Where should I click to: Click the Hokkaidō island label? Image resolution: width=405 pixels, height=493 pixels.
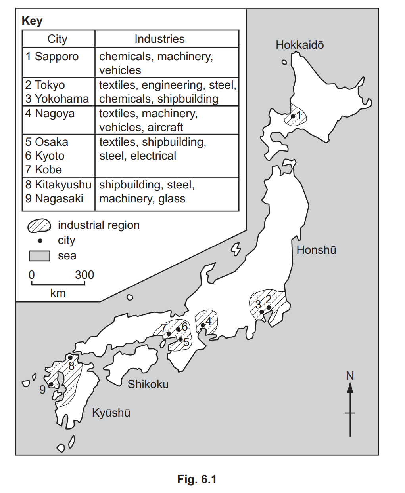299,45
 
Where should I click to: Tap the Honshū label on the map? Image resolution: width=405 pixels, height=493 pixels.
316,250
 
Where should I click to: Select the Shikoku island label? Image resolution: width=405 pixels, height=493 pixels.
148,384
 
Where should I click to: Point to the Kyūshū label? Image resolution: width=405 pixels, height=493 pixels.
111,413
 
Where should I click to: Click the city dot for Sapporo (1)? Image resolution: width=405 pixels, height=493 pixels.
293,116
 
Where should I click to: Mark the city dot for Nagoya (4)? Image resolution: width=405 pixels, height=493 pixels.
203,325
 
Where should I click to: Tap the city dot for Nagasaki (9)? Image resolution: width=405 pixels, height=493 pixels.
51,384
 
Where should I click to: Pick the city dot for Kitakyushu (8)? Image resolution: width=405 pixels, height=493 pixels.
70,358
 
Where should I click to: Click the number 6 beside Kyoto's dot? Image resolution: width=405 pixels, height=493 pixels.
184,327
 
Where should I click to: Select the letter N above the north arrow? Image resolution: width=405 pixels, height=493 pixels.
350,376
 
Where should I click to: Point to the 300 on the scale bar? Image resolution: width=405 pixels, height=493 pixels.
84,275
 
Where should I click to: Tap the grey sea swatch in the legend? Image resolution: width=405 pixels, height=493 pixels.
39,256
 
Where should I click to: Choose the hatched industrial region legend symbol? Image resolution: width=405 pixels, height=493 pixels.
39,225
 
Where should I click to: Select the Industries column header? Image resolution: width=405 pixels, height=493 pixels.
159,39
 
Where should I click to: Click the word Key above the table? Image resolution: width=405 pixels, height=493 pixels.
32,21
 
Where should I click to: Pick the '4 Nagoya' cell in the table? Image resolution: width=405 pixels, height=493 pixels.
50,114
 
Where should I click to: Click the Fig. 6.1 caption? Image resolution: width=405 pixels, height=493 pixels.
197,479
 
